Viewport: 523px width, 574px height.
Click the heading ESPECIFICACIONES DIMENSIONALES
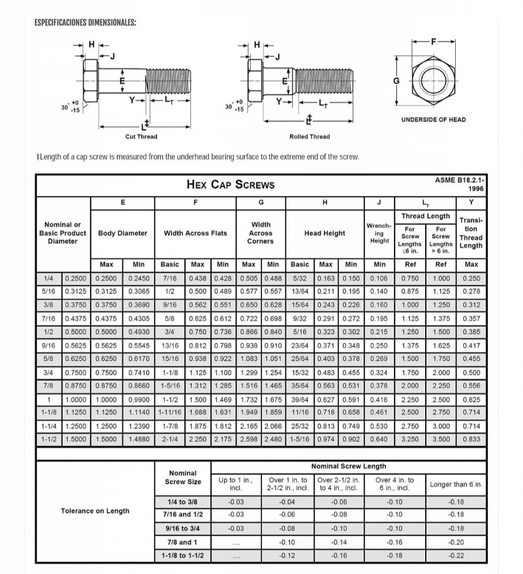pos(85,23)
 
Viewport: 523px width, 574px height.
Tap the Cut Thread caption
pos(141,137)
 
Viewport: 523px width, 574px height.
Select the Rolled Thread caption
pos(309,137)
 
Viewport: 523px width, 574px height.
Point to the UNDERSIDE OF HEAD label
pos(433,120)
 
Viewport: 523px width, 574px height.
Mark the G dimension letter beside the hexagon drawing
pos(396,80)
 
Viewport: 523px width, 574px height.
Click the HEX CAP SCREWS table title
pos(231,185)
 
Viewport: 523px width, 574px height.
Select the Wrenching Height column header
pos(379,233)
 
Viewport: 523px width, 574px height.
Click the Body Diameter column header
pos(123,233)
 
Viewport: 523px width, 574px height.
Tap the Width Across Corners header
pos(261,233)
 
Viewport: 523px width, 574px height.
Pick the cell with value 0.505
pos(249,278)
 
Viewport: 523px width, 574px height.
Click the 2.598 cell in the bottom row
pos(249,439)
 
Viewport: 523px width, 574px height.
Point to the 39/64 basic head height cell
pos(300,399)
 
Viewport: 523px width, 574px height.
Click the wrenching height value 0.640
pos(379,439)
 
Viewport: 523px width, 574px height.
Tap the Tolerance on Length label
pos(95,511)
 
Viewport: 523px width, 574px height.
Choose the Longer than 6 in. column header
pos(456,484)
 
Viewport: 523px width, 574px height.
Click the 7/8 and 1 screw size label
pos(182,542)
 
